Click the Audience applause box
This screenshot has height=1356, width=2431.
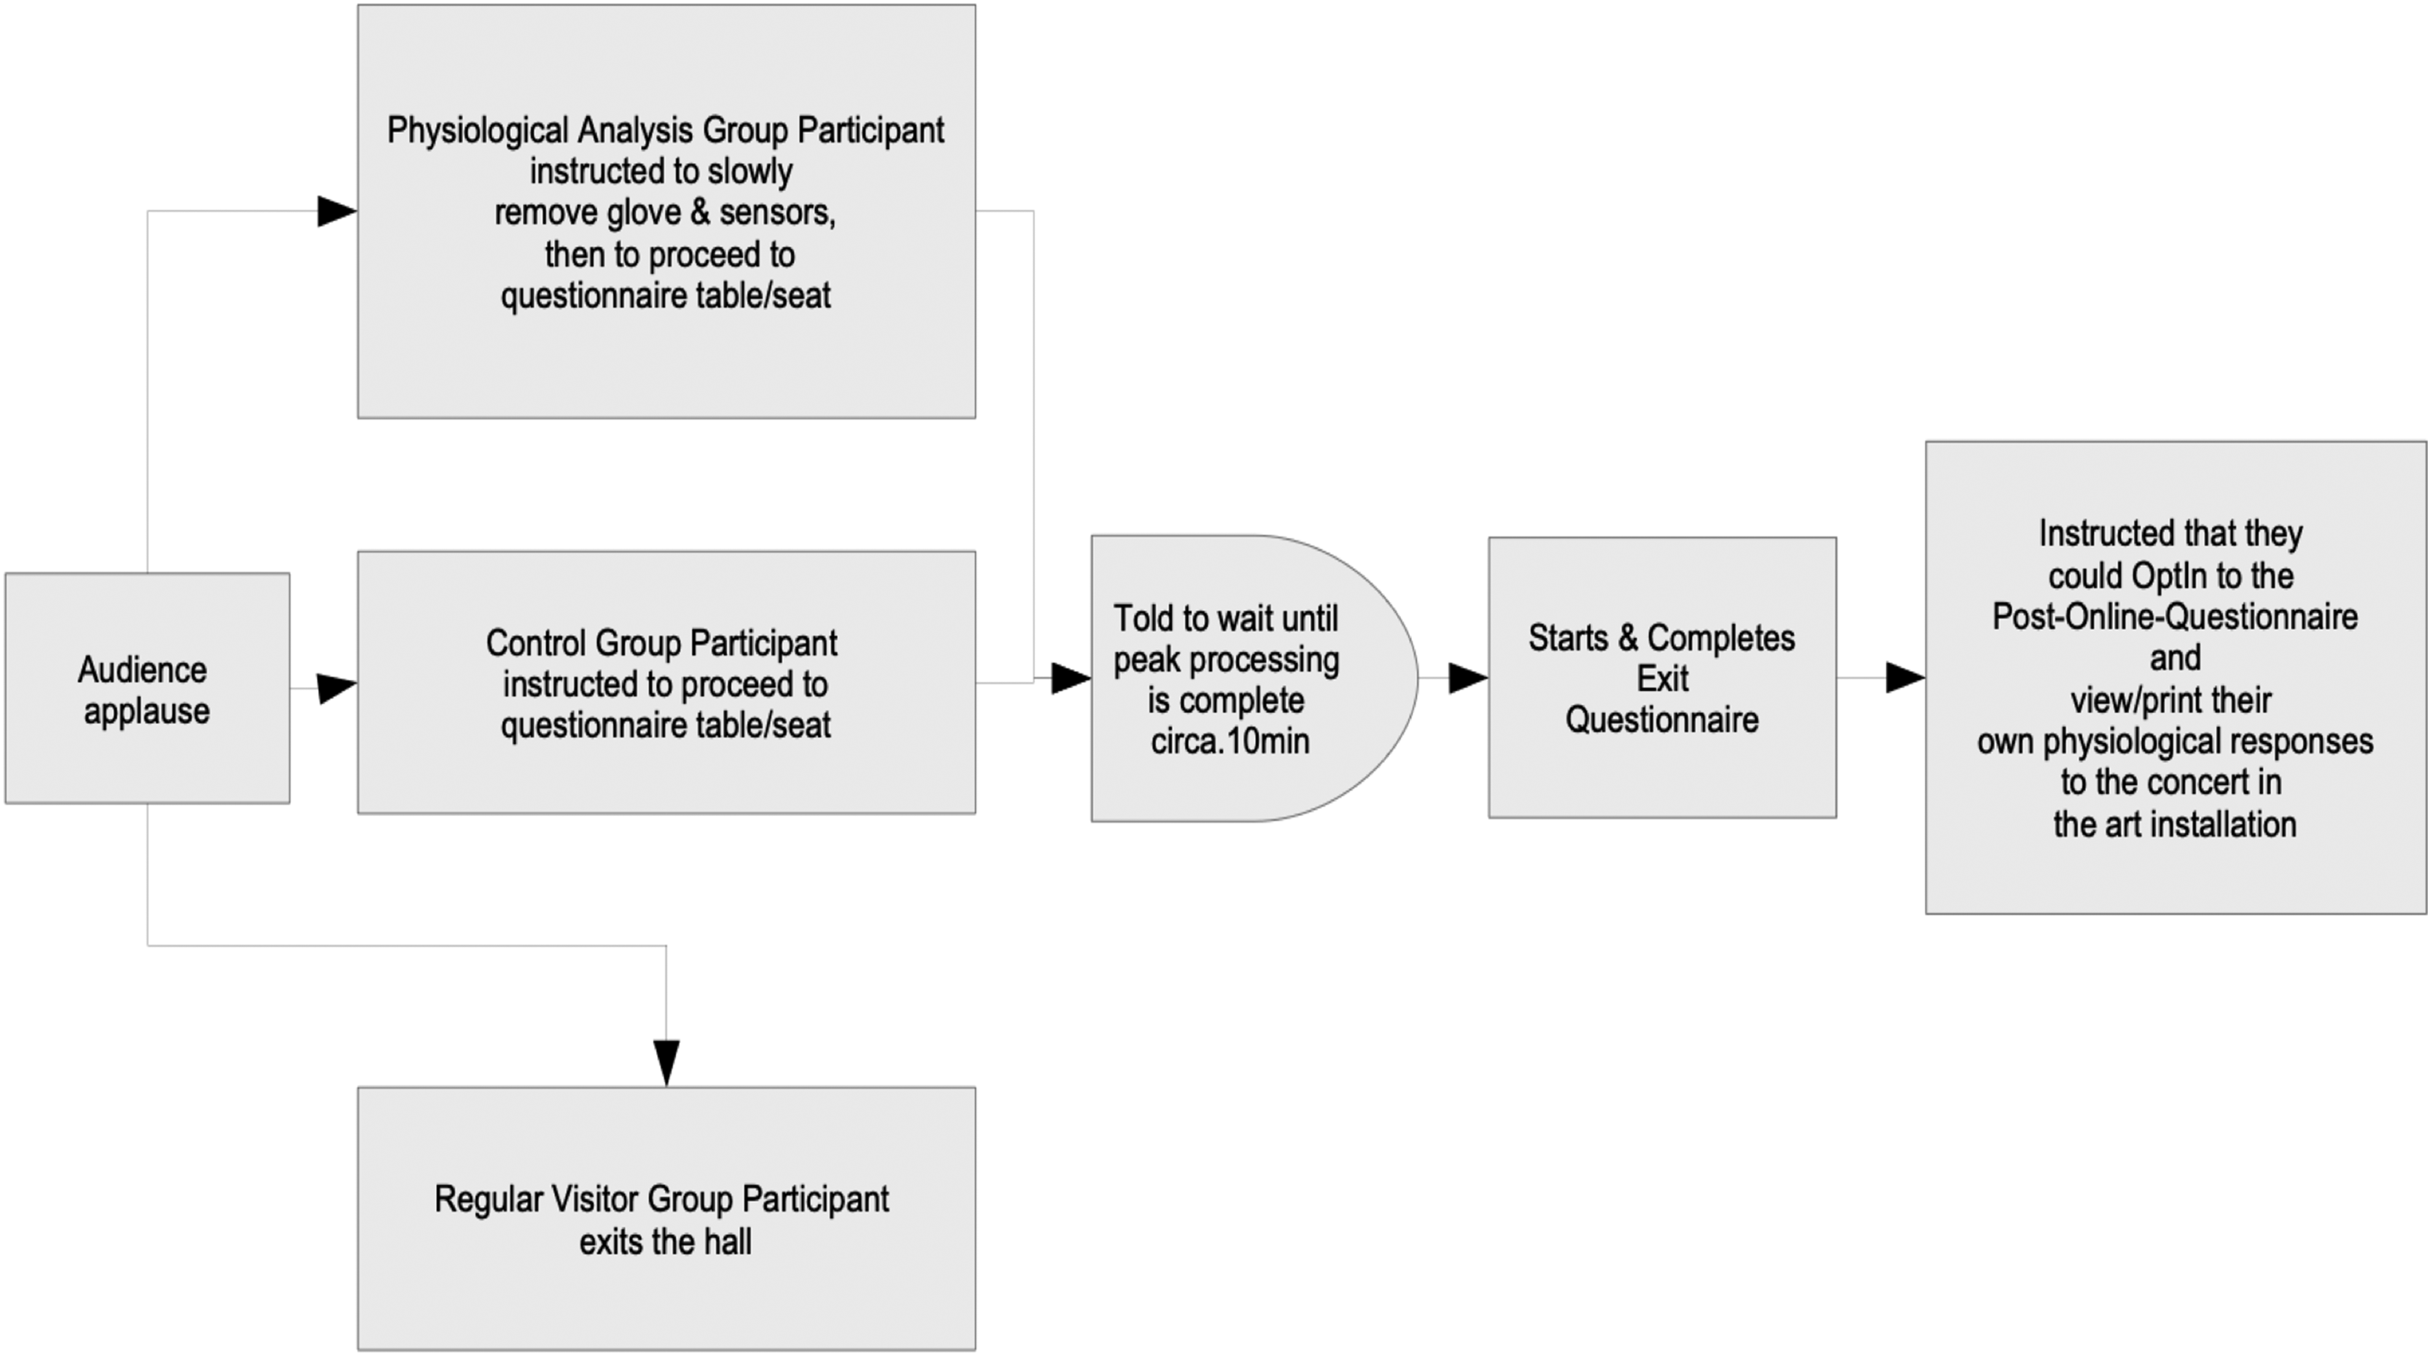[147, 688]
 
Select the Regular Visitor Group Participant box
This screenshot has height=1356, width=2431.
[666, 1218]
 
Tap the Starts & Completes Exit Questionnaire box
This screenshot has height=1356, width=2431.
[1662, 677]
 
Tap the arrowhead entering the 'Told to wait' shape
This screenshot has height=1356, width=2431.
[1071, 677]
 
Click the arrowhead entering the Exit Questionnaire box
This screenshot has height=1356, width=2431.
[1468, 677]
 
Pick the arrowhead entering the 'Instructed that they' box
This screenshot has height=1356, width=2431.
[1905, 677]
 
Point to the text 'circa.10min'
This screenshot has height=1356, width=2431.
[1230, 742]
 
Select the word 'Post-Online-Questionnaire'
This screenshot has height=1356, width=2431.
[2174, 617]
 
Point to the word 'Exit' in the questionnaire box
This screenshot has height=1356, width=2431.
[1662, 679]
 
